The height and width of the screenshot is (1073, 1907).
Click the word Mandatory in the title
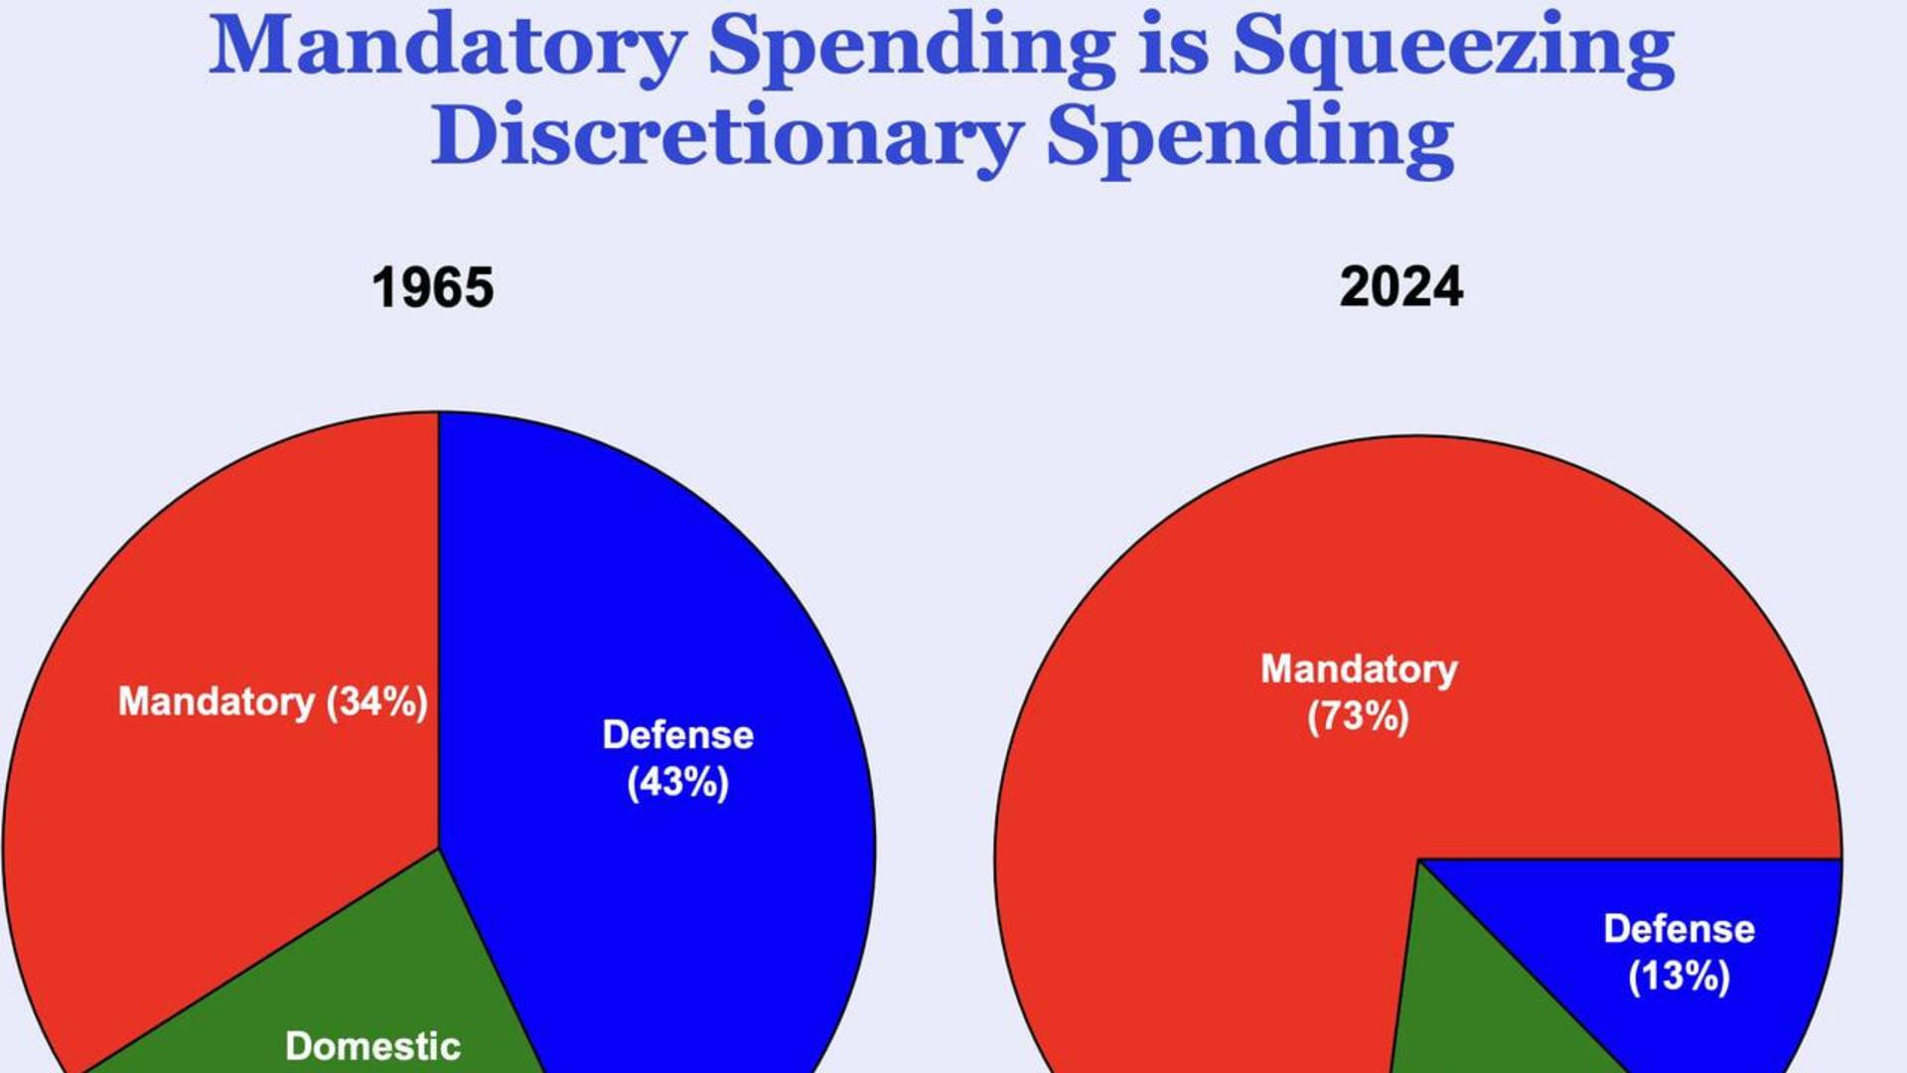447,47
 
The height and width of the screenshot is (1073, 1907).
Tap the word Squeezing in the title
1453,47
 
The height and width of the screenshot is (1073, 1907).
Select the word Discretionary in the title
726,136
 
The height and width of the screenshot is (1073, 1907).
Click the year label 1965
432,288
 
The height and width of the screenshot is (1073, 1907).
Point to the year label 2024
1400,288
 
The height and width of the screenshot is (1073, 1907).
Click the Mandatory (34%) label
273,702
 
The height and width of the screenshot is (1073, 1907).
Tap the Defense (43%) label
678,758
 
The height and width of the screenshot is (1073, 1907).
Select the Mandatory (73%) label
1359,692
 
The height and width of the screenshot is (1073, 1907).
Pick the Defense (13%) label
1679,952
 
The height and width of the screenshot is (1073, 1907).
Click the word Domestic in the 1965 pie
372,1045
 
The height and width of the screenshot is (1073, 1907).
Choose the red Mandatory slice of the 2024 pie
1242,844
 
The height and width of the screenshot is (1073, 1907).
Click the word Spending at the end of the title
1249,136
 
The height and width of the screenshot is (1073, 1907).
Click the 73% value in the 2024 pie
1359,716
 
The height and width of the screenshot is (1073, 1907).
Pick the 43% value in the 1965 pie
678,782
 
